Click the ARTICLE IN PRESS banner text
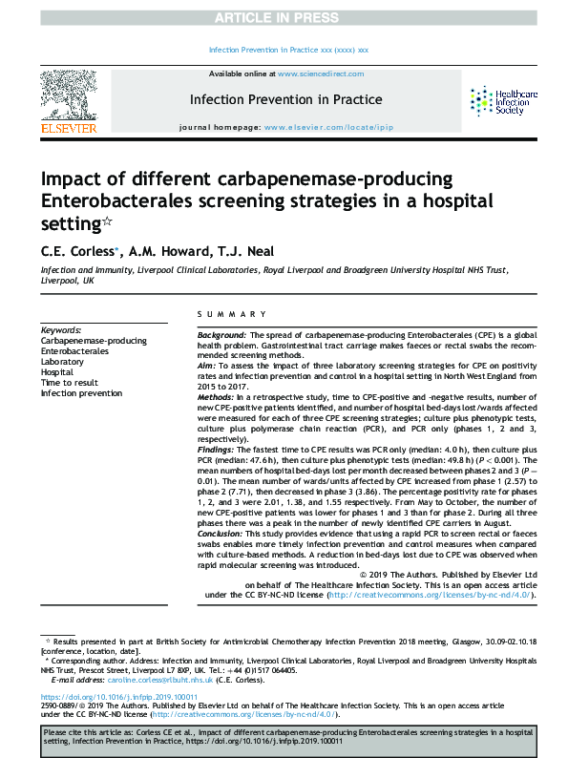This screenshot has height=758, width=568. [284, 18]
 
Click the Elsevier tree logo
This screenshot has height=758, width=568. [68, 95]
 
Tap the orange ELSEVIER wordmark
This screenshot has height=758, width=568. [68, 129]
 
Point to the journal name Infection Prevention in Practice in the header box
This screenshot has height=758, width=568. [286, 99]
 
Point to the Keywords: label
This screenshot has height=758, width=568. [61, 330]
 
